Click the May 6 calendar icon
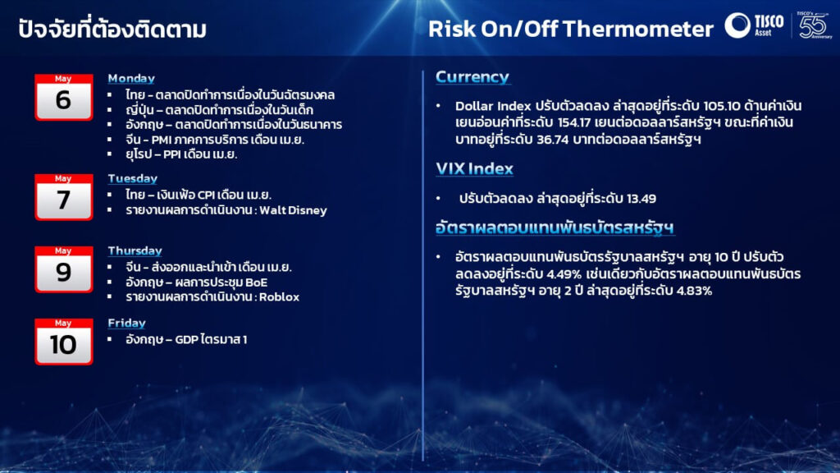point(64,97)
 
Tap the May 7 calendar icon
point(64,197)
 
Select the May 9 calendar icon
point(64,269)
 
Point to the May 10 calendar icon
point(64,342)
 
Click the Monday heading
point(131,78)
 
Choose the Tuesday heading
point(132,178)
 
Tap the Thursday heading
point(135,251)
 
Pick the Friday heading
point(126,324)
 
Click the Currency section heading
point(472,77)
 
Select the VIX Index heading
point(474,169)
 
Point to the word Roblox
point(279,297)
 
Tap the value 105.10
point(722,106)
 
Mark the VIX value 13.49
point(641,199)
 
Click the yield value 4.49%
point(564,274)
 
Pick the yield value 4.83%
point(694,292)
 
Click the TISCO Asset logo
point(755,25)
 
